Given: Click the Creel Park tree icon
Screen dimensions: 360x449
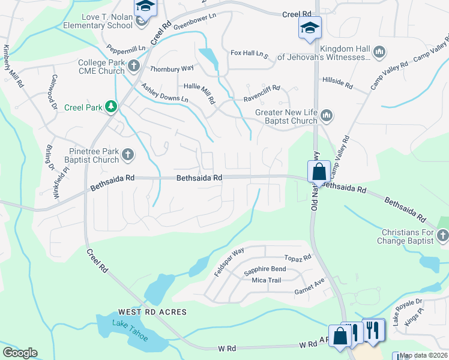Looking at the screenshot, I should (110, 107).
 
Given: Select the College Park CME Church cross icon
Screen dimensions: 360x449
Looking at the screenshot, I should (133, 65).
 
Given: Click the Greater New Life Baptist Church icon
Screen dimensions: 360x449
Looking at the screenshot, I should (326, 115).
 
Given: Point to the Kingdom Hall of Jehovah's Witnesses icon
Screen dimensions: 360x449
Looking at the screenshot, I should (379, 53).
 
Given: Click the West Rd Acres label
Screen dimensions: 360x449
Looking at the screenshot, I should (152, 312).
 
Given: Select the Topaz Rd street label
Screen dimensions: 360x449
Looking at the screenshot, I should (298, 258).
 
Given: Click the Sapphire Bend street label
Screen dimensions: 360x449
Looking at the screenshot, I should (265, 270).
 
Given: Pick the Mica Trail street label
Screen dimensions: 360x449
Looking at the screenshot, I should (267, 280).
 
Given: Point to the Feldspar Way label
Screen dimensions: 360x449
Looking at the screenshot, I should (229, 262).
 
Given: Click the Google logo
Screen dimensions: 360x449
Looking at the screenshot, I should (20, 352).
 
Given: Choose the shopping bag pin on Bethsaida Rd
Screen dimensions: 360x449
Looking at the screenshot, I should (319, 171).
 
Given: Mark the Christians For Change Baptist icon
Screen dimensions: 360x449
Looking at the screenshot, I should (443, 236).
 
